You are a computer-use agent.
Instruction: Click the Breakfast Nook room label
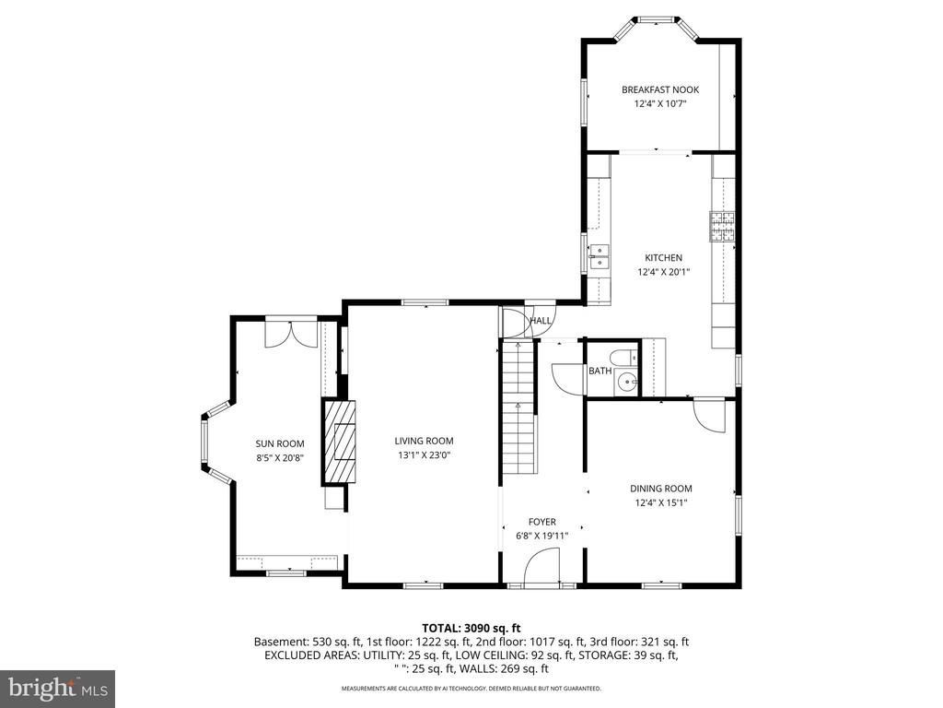tap(660, 89)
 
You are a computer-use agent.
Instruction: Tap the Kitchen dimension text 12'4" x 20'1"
tap(663, 272)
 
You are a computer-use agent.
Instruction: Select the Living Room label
tap(424, 441)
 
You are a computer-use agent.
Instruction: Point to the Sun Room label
tap(280, 443)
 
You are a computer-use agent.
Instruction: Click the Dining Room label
tap(661, 489)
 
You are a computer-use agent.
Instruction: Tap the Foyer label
tap(541, 522)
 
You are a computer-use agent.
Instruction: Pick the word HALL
tap(540, 321)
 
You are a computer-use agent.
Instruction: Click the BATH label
tap(600, 371)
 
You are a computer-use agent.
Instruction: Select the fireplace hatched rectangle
tap(340, 442)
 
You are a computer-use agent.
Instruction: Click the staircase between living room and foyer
tap(518, 407)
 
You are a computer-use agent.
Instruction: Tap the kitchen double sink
tap(600, 256)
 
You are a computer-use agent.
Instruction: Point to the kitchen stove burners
tap(722, 227)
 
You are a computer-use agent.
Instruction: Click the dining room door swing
tap(710, 416)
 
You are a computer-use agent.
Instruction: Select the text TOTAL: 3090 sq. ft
tap(471, 629)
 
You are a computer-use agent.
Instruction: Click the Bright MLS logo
tap(58, 687)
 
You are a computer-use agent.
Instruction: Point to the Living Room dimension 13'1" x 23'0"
tap(424, 455)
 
